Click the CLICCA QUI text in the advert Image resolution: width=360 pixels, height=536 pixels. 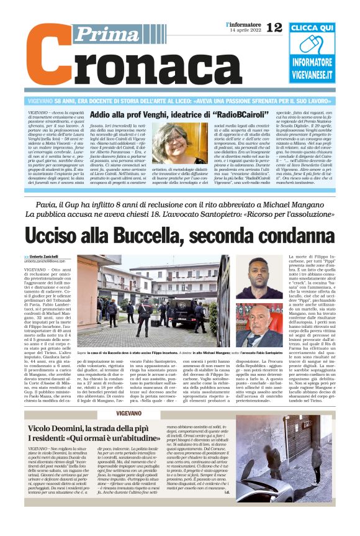click(x=312, y=28)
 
